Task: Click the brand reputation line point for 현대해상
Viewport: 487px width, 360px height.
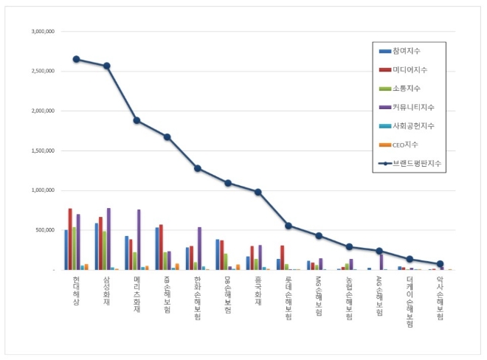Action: (x=76, y=59)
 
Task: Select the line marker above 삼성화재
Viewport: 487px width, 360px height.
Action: (x=106, y=66)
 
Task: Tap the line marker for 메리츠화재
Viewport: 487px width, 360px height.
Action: (x=137, y=120)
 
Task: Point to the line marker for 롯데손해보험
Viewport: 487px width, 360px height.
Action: (x=289, y=226)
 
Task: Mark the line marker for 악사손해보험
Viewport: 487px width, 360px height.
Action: (x=440, y=263)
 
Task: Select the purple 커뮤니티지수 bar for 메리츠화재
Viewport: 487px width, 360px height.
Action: (x=139, y=240)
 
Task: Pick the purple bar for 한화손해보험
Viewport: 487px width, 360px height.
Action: (x=199, y=249)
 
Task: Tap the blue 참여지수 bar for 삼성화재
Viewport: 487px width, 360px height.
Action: (x=97, y=246)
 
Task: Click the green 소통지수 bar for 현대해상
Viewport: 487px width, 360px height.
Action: (x=75, y=249)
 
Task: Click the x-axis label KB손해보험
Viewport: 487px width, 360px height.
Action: (x=167, y=294)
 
